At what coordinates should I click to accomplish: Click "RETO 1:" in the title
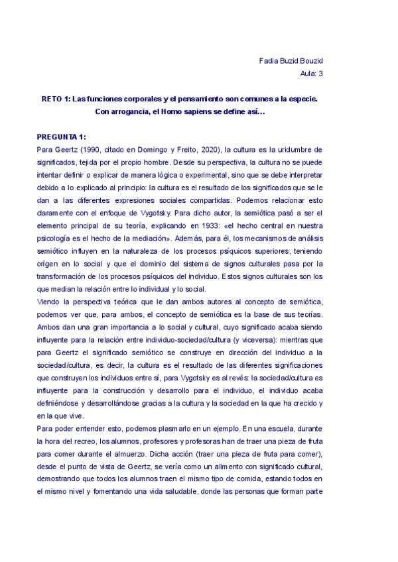click(x=55, y=99)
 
